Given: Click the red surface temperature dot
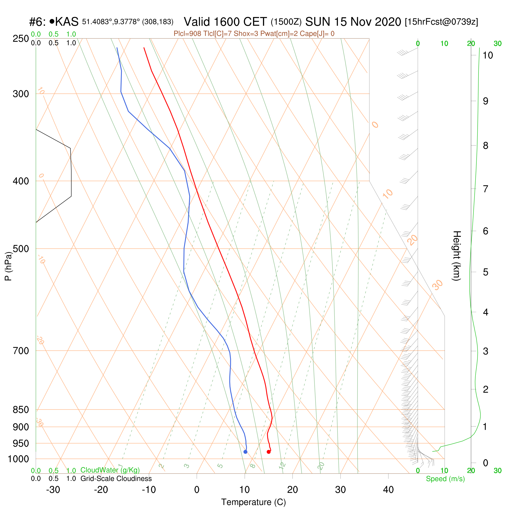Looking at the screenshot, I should pos(268,452).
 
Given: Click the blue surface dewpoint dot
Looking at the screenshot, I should pos(245,452).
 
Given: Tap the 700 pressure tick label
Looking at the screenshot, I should pos(21,351).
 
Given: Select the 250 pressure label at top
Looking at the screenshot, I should pos(21,38).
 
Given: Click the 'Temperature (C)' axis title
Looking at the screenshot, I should pos(253,502).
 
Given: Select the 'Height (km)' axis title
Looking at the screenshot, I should pos(457,256).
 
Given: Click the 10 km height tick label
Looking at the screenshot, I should pos(488,55).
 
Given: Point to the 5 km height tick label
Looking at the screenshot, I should pos(486,272).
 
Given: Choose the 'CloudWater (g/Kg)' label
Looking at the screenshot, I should pos(110,470).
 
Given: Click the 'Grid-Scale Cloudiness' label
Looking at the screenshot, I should pos(116,479).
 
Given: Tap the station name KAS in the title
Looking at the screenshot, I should pos(67,22).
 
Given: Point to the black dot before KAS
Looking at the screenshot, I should pos(52,21).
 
